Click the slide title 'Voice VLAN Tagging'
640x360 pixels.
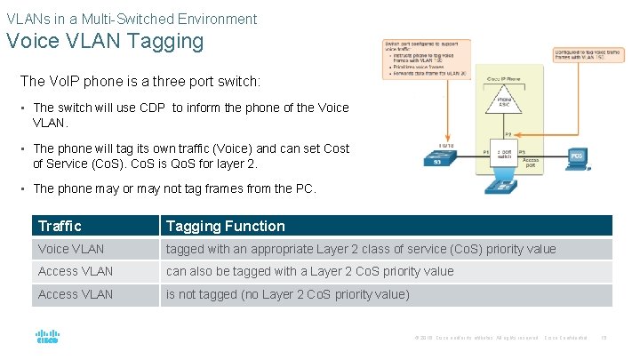point(105,41)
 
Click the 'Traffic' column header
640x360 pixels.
point(60,226)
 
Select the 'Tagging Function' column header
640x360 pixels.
point(225,226)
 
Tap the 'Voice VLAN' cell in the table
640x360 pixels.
point(71,249)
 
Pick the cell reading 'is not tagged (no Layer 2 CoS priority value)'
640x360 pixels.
point(287,294)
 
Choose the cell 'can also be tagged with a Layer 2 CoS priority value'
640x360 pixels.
point(309,271)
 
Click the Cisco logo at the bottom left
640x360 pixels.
point(47,337)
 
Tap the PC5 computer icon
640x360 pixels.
point(578,159)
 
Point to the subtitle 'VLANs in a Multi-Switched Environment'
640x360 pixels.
point(132,19)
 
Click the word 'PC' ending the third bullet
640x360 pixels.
point(307,188)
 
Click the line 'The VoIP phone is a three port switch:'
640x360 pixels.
point(140,81)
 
